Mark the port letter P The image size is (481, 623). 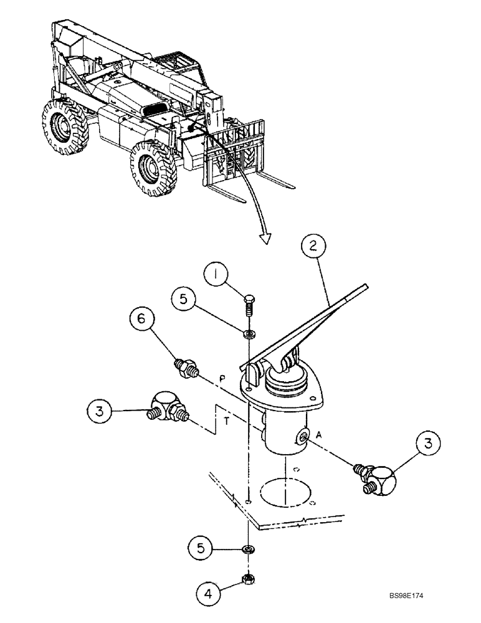(222, 378)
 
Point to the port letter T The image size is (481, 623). (227, 421)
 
